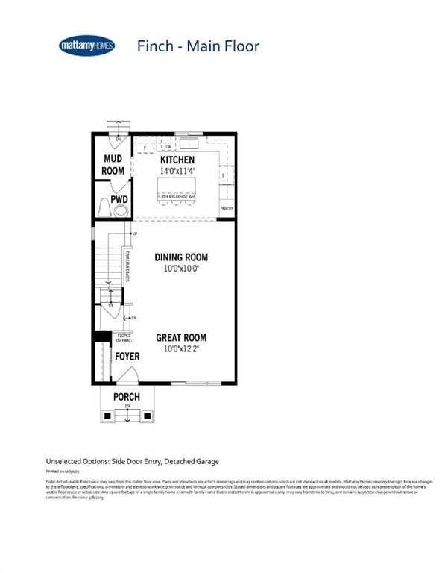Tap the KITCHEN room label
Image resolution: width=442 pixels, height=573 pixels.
[177, 160]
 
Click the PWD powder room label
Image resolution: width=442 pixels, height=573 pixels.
[119, 199]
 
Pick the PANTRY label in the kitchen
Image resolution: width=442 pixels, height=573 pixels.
[227, 208]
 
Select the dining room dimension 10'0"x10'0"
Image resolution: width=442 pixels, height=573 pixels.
[181, 269]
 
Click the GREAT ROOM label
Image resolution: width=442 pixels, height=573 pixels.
[181, 337]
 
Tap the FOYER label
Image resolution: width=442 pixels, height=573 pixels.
[127, 357]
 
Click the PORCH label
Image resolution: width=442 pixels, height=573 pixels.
[127, 396]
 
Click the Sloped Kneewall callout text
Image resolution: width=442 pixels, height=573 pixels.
[124, 338]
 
